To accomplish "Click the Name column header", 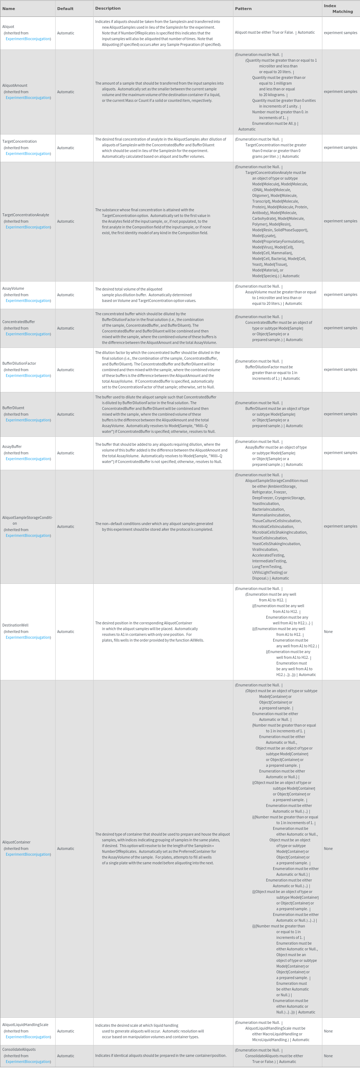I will [x=9, y=9].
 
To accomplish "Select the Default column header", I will [x=65, y=9].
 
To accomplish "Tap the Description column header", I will [x=108, y=8].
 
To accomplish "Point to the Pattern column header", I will [x=243, y=9].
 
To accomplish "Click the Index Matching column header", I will [x=338, y=9].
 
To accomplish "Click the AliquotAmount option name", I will [x=15, y=85].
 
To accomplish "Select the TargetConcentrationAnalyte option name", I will [x=26, y=215].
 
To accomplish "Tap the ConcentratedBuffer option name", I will [x=19, y=322].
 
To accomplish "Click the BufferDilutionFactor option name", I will [x=19, y=363].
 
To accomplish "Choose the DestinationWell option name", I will [x=15, y=625].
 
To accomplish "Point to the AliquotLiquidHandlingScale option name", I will [x=25, y=1025].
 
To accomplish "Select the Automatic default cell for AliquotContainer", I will [x=66, y=849].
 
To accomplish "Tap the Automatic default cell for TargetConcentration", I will [x=66, y=148].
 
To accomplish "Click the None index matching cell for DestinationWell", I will [x=328, y=632].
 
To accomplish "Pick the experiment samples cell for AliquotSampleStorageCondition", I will [x=340, y=526].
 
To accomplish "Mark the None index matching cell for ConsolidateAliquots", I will [x=328, y=1056].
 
